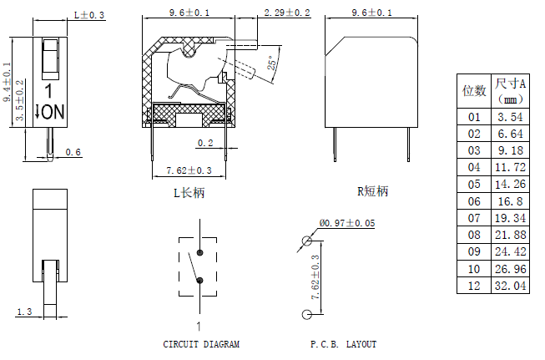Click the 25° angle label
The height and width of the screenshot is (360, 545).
[x=271, y=63]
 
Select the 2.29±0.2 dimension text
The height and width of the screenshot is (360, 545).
[x=286, y=13]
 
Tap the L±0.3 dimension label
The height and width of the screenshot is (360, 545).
[x=90, y=15]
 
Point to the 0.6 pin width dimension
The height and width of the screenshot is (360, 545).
[x=73, y=152]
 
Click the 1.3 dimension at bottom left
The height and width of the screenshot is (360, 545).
[x=23, y=312]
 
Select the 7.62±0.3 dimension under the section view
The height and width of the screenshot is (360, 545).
[x=189, y=170]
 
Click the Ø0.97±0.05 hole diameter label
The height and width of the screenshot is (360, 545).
[x=347, y=223]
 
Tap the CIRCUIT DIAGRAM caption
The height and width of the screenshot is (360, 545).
[x=201, y=344]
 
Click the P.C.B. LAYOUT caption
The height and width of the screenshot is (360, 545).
[x=343, y=344]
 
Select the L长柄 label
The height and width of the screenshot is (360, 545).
[x=188, y=192]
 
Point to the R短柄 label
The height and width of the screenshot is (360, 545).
[x=372, y=191]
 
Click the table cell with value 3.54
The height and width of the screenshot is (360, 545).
[x=509, y=118]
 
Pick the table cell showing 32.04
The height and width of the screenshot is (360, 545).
[x=509, y=285]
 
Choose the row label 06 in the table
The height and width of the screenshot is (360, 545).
[x=475, y=201]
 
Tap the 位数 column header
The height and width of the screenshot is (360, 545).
[x=475, y=90]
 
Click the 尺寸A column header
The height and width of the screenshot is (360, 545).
[x=509, y=90]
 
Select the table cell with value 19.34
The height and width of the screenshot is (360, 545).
[x=509, y=218]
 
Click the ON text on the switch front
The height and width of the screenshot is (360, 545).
[x=53, y=111]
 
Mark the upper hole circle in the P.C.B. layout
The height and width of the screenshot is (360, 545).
[x=307, y=241]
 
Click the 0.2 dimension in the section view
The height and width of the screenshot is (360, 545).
[x=204, y=143]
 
